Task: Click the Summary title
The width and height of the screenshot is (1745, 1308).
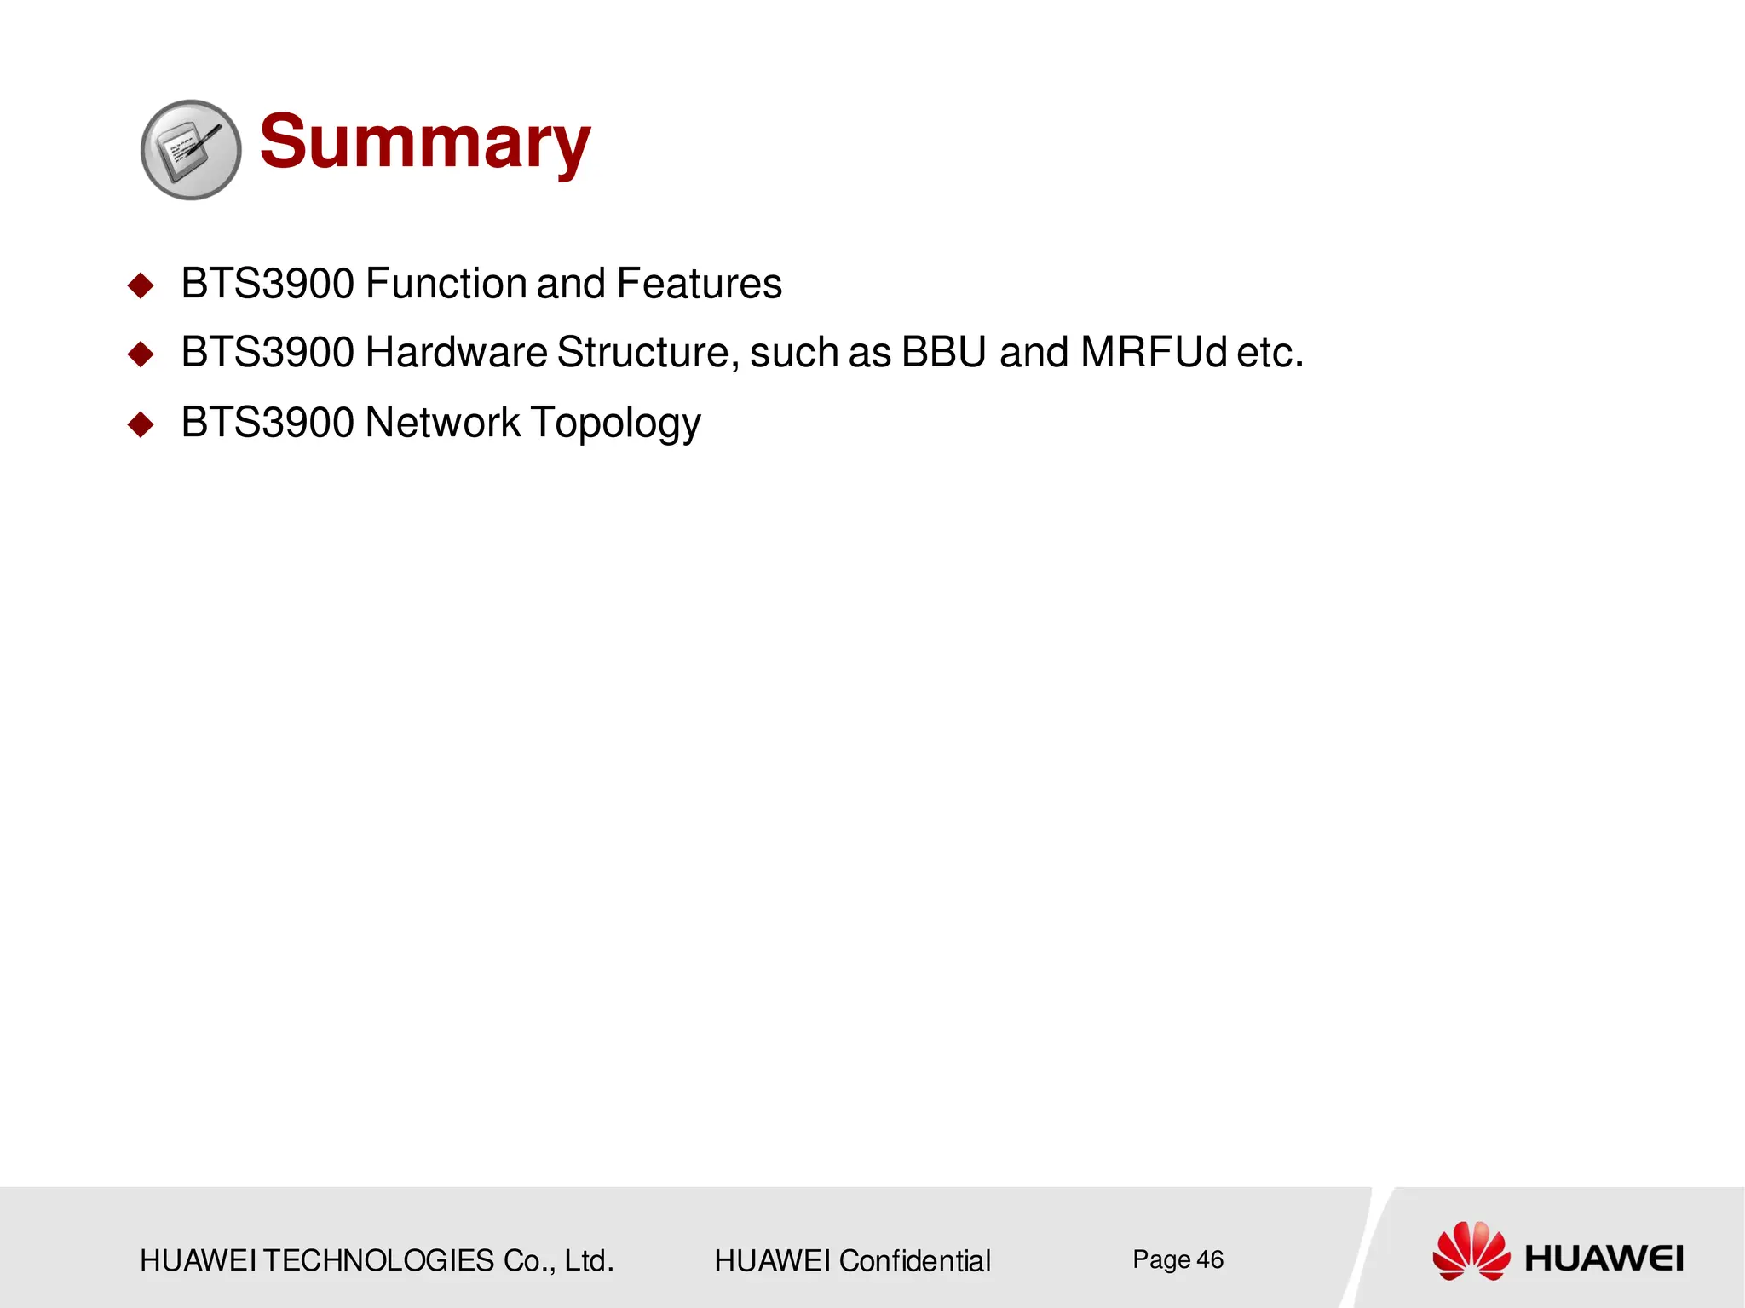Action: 424,142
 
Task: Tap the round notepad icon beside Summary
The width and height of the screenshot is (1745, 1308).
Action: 191,150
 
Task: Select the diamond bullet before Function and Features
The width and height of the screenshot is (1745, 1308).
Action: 141,285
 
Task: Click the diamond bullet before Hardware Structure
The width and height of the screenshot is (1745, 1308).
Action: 141,354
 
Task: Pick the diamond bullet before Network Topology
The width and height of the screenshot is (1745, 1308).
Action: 141,424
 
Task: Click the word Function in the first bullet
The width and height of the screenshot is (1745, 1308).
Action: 444,284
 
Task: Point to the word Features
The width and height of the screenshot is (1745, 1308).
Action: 699,284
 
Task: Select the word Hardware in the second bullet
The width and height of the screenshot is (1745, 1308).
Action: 456,353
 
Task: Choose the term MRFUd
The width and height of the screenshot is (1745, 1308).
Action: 1154,353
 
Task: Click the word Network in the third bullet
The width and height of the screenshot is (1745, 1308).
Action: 442,423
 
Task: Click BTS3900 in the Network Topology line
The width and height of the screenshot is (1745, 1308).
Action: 268,423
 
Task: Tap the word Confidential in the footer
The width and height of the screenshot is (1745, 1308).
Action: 914,1260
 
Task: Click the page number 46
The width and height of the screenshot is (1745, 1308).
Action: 1209,1259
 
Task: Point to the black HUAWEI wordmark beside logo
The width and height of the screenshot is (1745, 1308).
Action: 1603,1259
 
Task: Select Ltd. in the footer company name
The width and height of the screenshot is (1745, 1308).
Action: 588,1260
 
